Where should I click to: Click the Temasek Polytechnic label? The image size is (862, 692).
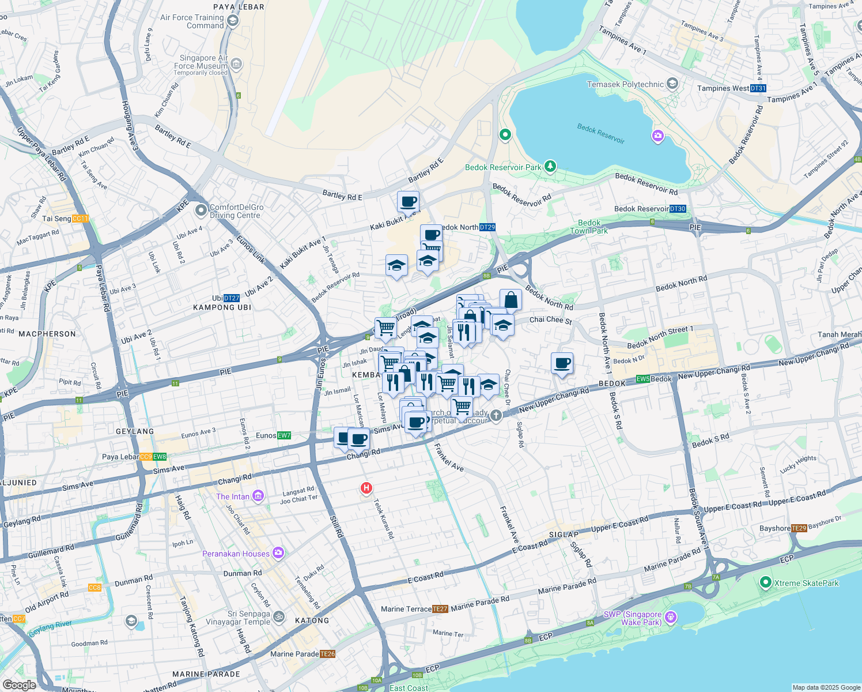pos(625,84)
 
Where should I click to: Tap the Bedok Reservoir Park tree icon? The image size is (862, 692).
pos(550,167)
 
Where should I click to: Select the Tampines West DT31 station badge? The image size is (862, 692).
pos(758,88)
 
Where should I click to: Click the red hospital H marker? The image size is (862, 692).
pos(366,488)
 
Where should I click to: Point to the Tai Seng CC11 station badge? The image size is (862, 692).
pos(81,219)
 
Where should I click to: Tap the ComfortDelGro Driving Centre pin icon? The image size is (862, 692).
pos(201,210)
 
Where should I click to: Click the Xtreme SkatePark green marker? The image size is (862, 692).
pos(765,582)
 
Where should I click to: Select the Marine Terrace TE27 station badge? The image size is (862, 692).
pos(440,609)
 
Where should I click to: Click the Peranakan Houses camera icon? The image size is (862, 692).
pos(278,553)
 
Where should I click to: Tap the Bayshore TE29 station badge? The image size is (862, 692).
pos(799,528)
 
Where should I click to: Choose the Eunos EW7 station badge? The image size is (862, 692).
pos(284,435)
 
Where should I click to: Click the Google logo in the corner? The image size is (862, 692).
pos(19,685)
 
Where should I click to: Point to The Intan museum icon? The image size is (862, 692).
pos(258,496)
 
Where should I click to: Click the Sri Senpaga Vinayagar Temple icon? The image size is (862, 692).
pos(278,617)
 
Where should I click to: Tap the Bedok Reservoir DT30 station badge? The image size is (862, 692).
pos(678,209)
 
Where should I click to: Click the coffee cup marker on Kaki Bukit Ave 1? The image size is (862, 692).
pos(408,202)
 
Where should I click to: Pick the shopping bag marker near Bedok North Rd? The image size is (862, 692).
pos(511,300)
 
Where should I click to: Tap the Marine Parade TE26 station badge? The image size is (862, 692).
pos(327,654)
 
